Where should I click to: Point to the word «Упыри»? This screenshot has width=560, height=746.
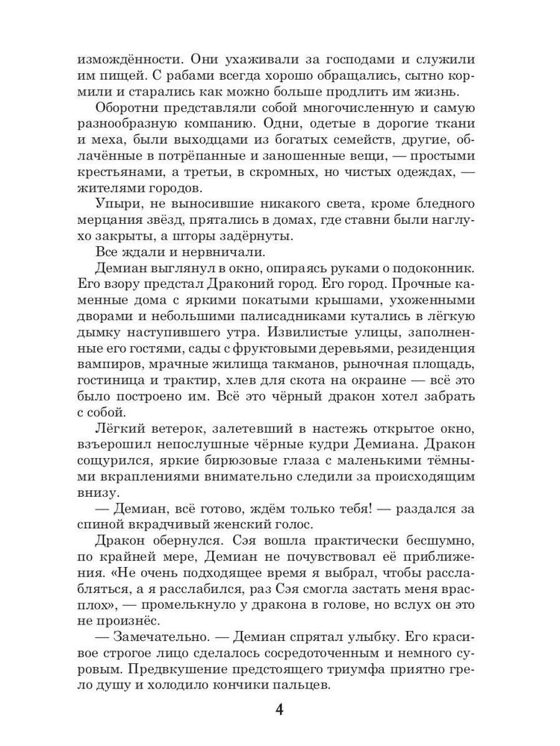tap(117, 204)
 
